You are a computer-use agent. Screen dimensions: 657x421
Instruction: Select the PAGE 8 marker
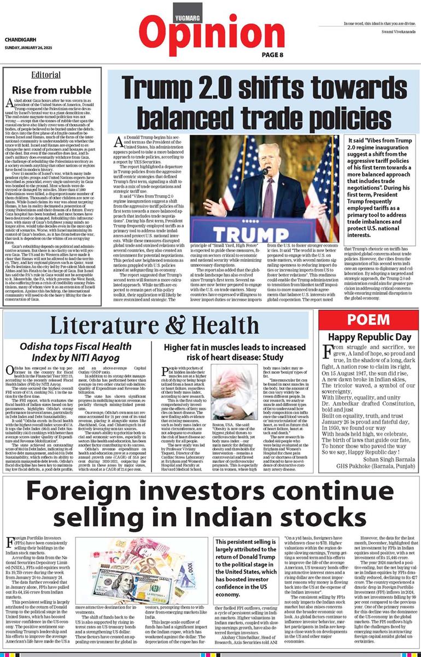pos(272,55)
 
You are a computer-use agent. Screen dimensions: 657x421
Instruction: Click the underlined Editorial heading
pos(46,75)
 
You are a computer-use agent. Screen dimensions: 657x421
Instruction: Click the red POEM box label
pos(369,320)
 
